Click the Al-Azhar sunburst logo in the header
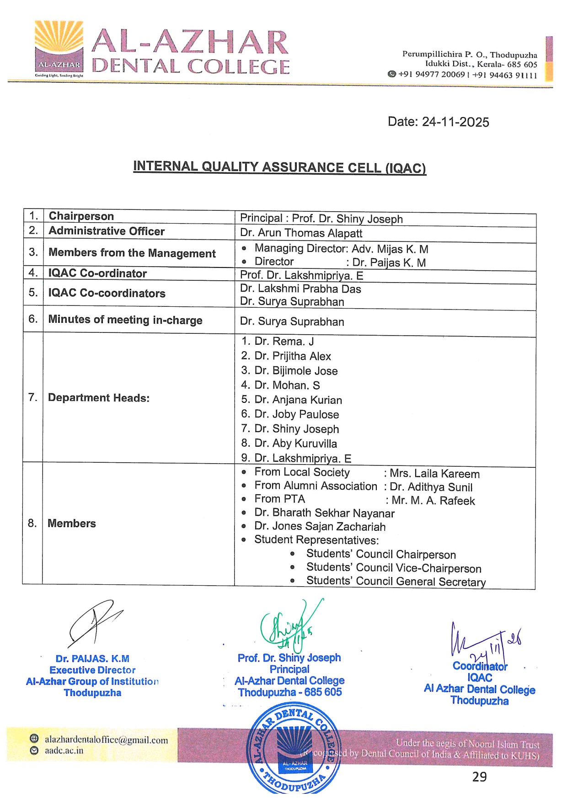click(59, 46)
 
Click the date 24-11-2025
click(438, 122)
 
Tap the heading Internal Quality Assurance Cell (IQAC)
click(279, 167)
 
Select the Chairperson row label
click(81, 216)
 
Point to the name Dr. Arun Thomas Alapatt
click(301, 233)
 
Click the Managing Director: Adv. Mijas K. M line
click(341, 249)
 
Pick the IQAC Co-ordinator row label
click(97, 273)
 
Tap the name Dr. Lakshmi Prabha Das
click(300, 289)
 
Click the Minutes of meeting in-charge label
click(125, 320)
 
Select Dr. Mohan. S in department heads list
click(287, 385)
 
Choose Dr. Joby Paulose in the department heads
click(296, 414)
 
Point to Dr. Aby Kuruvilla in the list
click(295, 444)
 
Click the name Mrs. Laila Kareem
click(434, 474)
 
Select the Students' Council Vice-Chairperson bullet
click(393, 568)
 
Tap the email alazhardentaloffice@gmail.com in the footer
click(106, 739)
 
